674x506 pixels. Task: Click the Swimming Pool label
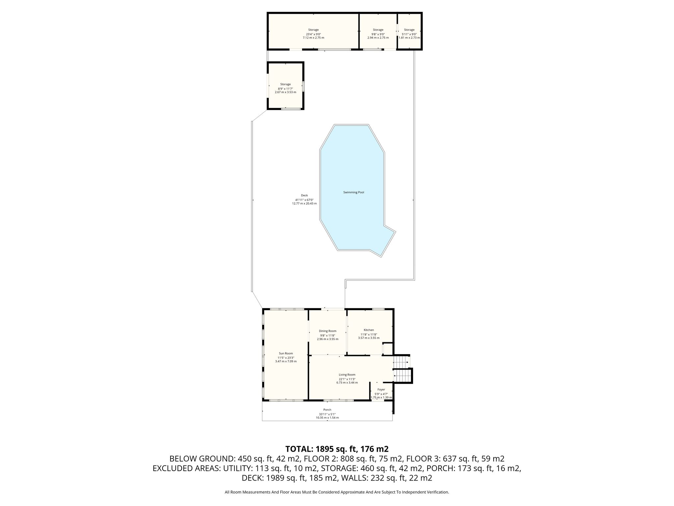353,192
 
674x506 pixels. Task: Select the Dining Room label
327,331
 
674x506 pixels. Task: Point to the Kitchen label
369,330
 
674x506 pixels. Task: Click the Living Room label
347,375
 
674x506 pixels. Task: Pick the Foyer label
381,389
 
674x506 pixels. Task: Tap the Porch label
327,410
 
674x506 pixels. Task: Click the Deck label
304,195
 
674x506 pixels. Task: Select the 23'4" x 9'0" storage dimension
313,34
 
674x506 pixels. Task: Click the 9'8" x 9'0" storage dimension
378,34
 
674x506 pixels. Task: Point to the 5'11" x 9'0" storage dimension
409,34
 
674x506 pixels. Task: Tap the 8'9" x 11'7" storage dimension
285,88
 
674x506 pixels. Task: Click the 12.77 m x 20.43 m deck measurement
304,204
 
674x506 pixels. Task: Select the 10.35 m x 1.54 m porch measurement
327,418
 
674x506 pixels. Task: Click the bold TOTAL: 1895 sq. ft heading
337,449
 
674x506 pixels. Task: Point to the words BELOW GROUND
201,459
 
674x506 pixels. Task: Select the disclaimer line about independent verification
337,492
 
